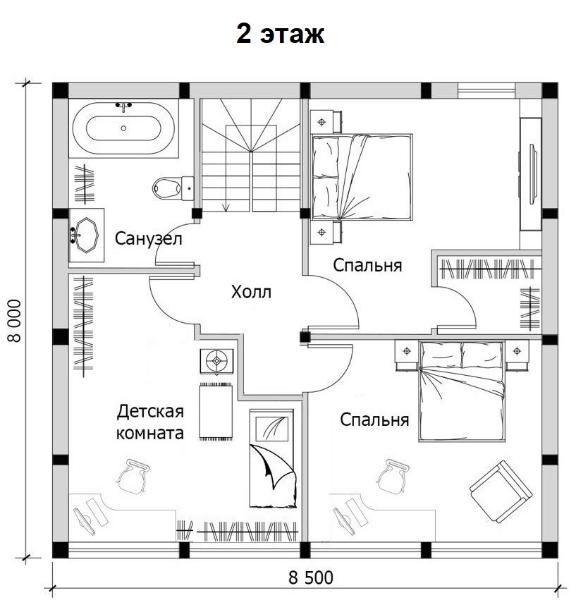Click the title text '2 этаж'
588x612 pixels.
[280, 34]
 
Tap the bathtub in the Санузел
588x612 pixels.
[123, 128]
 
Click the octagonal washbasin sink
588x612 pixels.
[87, 235]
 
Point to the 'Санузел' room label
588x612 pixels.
[148, 238]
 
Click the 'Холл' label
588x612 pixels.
[251, 292]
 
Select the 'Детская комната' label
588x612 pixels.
[150, 422]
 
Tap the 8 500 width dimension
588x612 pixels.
[311, 578]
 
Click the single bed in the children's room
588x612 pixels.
[272, 458]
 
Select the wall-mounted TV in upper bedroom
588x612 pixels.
[532, 173]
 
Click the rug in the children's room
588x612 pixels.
[216, 411]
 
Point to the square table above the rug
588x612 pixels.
[217, 361]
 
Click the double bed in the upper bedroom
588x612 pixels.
[362, 177]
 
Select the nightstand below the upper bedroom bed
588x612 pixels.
[325, 233]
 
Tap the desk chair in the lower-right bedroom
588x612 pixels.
[393, 476]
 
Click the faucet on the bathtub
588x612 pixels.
[123, 106]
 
